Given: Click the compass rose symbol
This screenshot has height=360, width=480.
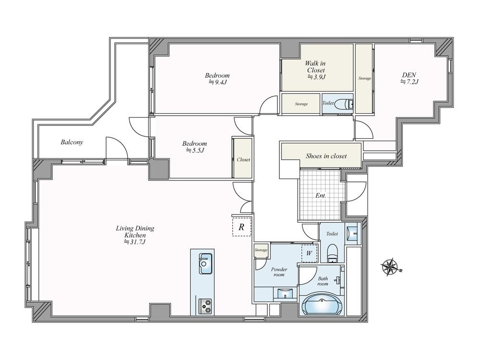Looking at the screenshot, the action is coord(391,267).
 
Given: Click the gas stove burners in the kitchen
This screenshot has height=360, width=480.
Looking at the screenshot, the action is coord(205,306).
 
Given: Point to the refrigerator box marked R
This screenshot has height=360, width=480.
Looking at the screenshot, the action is coord(241,227).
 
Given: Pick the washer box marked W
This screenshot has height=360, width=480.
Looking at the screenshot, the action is coord(309,253).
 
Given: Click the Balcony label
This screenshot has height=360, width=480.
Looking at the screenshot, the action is coord(72,142).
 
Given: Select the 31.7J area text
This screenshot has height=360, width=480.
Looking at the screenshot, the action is coord(135,242).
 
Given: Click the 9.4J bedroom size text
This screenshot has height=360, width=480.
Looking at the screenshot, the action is coord(217,82).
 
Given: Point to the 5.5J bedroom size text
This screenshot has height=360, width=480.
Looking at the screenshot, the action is coord(194,150).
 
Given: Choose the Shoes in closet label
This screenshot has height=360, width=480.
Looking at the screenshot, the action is coord(326,156).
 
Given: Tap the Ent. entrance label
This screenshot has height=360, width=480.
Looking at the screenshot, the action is coord(321,196).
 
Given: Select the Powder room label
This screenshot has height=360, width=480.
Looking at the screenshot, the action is coord(279,272).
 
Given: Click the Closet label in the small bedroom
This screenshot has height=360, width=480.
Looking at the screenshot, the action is coord(243,159).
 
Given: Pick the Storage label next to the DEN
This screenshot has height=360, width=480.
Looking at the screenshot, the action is coord(365,78).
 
